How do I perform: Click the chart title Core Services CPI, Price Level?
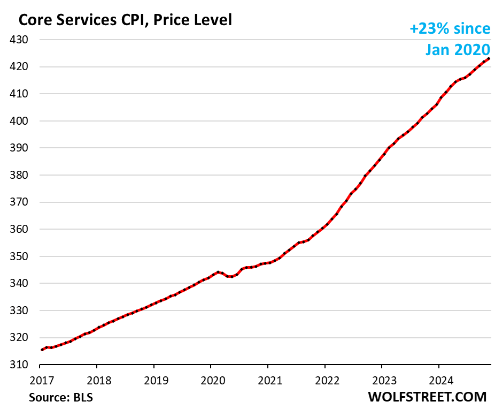125,20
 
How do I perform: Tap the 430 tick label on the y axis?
20,40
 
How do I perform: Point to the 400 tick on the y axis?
20,121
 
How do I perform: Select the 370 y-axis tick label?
20,202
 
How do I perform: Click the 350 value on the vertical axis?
20,256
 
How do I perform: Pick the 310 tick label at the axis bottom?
20,365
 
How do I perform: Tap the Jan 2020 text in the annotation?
458,49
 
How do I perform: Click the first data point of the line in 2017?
42,350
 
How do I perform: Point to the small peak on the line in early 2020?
217,272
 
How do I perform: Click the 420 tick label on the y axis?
20,67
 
